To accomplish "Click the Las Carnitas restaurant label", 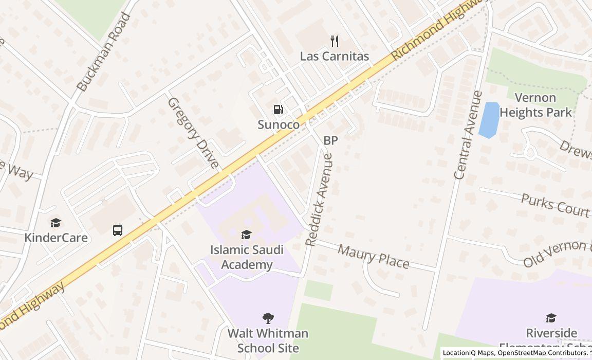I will coord(335,56).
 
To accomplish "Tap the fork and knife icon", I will coord(335,41).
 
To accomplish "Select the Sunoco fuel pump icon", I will coord(278,110).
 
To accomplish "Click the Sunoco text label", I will coord(279,124).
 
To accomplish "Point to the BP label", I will coord(330,140).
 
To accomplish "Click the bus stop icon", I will coord(118,230).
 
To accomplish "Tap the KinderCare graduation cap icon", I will coord(55,223).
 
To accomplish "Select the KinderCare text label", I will coord(56,238).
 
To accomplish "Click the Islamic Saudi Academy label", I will coord(247,257).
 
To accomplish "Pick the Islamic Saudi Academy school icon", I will coord(247,235).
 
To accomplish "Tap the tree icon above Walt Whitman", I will coord(268,318).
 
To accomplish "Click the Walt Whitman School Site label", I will coord(268,340).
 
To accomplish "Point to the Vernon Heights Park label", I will coord(535,105).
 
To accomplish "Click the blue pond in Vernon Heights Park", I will coord(489,119).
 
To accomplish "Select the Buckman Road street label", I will coord(104,52).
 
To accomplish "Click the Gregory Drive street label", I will coord(193,133).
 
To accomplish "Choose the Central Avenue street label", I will coord(468,135).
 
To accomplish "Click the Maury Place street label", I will coord(374,256).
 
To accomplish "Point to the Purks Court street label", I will coord(554,205).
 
